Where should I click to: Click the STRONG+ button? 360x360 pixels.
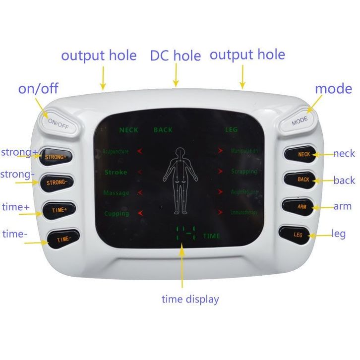[56, 157]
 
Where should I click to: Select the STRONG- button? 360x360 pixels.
[56, 182]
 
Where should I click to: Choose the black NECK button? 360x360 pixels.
[303, 154]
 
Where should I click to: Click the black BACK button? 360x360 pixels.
[303, 179]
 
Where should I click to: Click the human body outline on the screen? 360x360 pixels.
[180, 179]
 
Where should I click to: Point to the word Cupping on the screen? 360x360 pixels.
[117, 214]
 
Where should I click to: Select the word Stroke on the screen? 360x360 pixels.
[116, 173]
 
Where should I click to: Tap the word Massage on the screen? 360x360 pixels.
[117, 193]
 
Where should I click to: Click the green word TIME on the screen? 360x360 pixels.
[211, 236]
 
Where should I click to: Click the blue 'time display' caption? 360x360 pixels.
[190, 299]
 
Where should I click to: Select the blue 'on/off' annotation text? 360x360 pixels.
[38, 89]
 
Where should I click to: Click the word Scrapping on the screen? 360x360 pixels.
[244, 172]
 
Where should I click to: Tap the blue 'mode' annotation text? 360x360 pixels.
[333, 89]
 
